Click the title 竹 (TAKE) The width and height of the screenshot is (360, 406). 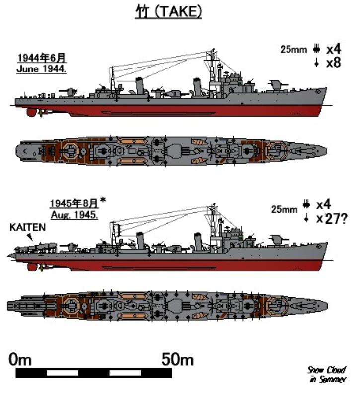point(169,12)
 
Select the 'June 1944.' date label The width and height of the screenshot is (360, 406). point(41,69)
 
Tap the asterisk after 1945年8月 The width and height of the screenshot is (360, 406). point(103,201)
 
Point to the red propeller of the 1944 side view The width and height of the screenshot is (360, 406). point(32,112)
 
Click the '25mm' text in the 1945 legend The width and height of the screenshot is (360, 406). point(283,210)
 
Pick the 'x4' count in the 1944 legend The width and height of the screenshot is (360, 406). point(333,49)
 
